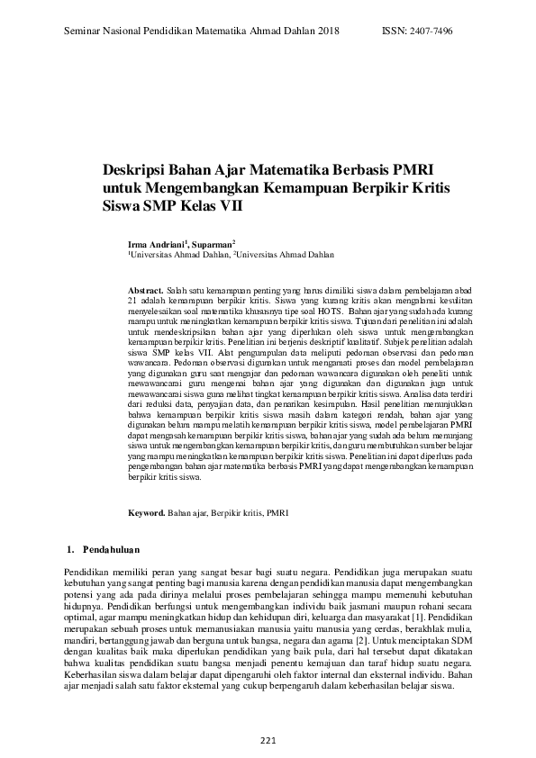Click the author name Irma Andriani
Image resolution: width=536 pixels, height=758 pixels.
(x=156, y=244)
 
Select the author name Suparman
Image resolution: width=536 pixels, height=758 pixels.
(x=212, y=244)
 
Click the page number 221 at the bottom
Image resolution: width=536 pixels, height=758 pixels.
(x=268, y=740)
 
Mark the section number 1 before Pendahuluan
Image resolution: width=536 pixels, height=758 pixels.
(x=70, y=548)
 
